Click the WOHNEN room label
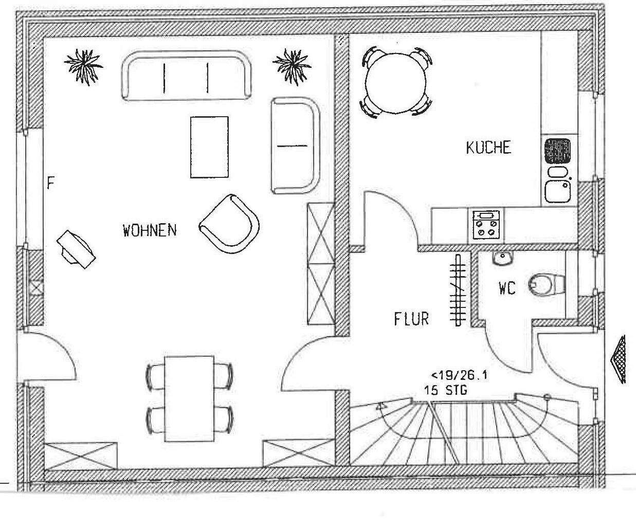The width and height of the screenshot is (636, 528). click(150, 230)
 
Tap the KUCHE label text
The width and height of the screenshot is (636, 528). click(488, 148)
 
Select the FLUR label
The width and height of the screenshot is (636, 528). click(411, 319)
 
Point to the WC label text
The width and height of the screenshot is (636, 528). click(506, 288)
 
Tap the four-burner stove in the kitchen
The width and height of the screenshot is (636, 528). click(486, 225)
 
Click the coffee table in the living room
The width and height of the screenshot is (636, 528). click(209, 147)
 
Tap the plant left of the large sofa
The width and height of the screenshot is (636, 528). click(83, 65)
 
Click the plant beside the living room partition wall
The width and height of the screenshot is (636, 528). click(293, 65)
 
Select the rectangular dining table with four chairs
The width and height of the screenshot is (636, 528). click(189, 398)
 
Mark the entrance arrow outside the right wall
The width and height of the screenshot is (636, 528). click(619, 359)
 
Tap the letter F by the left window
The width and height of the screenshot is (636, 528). click(50, 184)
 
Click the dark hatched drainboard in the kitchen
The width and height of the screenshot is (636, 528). click(558, 151)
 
